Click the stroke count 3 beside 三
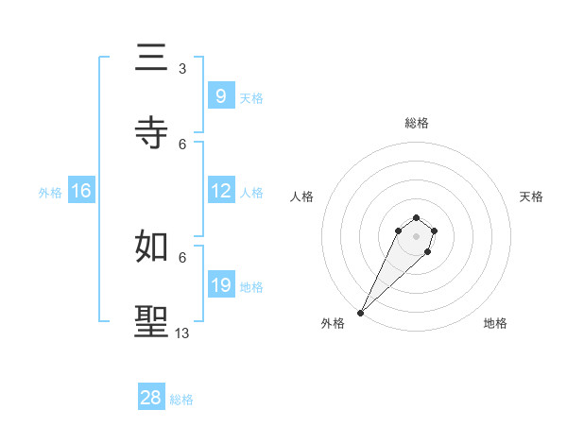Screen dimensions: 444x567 182,69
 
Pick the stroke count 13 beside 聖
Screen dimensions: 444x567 182,333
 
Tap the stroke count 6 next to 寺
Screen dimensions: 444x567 182,144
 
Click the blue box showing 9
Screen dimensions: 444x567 220,95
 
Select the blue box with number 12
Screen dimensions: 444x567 221,191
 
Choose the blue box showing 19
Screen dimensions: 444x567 221,284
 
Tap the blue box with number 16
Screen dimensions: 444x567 81,191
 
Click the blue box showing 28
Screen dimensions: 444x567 151,398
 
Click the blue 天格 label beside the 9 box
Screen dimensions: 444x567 251,97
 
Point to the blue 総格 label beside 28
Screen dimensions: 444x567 181,400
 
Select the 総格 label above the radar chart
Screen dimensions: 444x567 417,123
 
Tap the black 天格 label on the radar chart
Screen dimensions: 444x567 531,196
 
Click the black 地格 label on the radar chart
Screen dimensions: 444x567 495,323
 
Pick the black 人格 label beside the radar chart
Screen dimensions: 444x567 302,196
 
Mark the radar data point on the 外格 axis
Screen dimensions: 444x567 361,312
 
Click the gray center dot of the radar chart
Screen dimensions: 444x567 416,235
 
